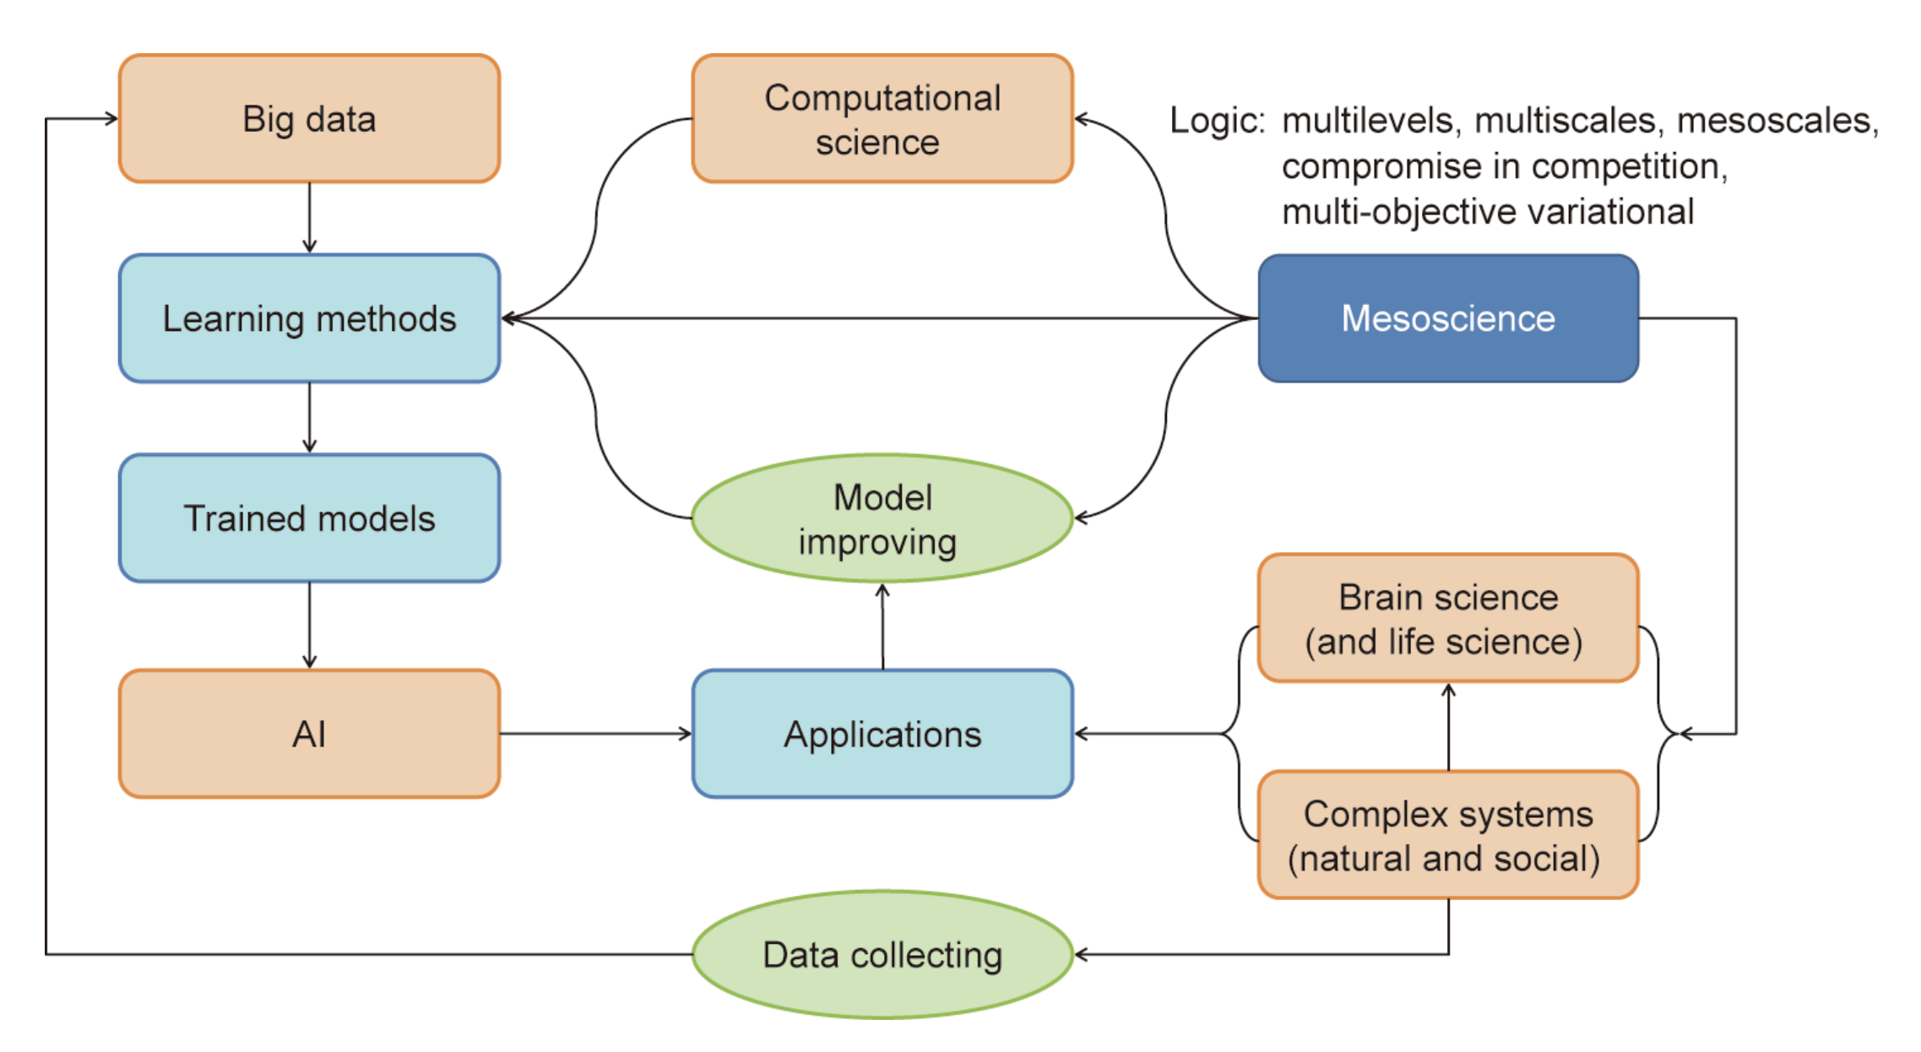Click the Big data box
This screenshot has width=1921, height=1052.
pos(309,118)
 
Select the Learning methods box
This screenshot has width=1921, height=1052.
pos(309,318)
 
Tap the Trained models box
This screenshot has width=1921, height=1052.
pos(309,518)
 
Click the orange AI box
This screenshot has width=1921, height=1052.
pos(309,734)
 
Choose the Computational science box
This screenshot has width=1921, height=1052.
pos(882,118)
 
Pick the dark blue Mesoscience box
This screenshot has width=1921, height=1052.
pos(1448,318)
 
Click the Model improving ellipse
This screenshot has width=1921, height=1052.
pos(882,518)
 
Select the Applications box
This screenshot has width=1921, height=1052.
pos(882,734)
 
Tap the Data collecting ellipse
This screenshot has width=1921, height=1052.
pos(882,954)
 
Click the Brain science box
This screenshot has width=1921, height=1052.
pos(1448,617)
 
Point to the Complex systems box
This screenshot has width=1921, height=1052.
pos(1448,834)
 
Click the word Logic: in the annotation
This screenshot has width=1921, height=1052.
pos(1217,122)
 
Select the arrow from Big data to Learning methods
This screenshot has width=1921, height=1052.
pos(309,218)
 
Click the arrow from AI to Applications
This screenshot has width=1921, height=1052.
pos(596,734)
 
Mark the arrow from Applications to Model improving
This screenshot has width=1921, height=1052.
pos(882,626)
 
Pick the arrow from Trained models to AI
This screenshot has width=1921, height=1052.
pos(309,626)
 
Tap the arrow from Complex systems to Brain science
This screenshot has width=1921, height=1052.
pos(1448,726)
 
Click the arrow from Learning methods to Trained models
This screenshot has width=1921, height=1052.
pos(309,418)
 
